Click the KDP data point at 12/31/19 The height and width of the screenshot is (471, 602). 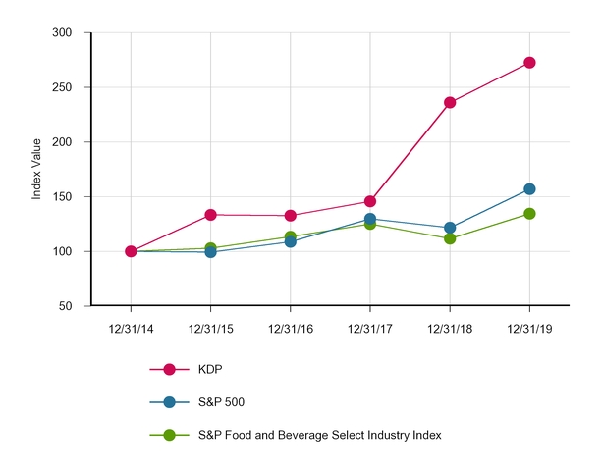coord(529,63)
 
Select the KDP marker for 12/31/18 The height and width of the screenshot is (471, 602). coord(450,102)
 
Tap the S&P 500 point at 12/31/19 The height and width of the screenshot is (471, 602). coord(529,188)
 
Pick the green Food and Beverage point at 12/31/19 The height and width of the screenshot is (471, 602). coord(529,214)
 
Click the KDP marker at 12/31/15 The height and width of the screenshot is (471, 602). coord(210,215)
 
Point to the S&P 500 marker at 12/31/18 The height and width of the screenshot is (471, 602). coord(450,228)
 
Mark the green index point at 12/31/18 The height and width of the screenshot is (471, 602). coord(450,238)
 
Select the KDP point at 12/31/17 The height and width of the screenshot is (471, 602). coord(370,201)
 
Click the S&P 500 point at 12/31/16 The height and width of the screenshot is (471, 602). coord(290,241)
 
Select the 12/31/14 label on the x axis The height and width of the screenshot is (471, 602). coord(131,328)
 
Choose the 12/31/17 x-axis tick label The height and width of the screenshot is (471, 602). coord(370,328)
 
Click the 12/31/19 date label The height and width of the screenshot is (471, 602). coord(529,328)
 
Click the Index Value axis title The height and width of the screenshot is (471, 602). coord(37,170)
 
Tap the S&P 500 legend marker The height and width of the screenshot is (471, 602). coord(169,402)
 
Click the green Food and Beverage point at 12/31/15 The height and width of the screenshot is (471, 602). coord(210,248)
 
